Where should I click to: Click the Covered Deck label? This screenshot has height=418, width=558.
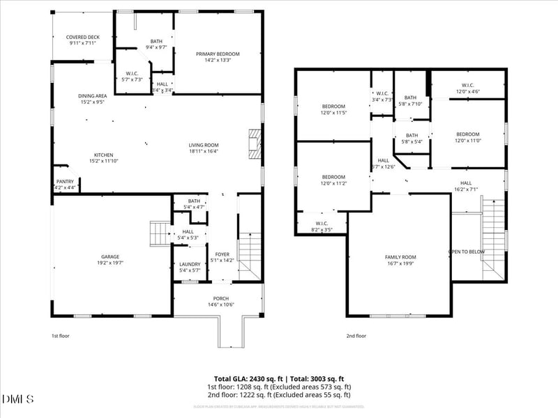click(82, 40)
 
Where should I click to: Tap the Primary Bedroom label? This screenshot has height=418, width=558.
click(218, 57)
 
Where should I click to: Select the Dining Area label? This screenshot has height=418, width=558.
click(92, 98)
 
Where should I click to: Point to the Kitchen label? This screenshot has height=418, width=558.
click(103, 158)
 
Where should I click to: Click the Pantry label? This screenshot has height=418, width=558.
click(65, 185)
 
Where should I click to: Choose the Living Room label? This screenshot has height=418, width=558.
click(203, 148)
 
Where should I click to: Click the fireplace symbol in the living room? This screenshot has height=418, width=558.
click(255, 144)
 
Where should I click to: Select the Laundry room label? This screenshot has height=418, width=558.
click(189, 267)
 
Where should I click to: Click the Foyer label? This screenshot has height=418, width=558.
click(222, 257)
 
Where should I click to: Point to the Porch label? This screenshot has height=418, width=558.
click(218, 301)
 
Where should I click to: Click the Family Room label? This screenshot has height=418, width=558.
click(400, 261)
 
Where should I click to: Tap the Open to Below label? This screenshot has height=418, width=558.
click(467, 251)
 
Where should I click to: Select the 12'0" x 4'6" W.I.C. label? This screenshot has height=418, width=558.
click(467, 88)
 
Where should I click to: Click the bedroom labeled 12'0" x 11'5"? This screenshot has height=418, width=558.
click(333, 109)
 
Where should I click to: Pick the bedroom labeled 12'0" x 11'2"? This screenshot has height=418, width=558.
click(333, 180)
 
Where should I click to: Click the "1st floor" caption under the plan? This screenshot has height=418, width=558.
click(61, 335)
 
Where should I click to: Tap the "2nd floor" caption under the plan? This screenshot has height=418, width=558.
click(356, 335)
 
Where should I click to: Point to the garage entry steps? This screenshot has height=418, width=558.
click(160, 233)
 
